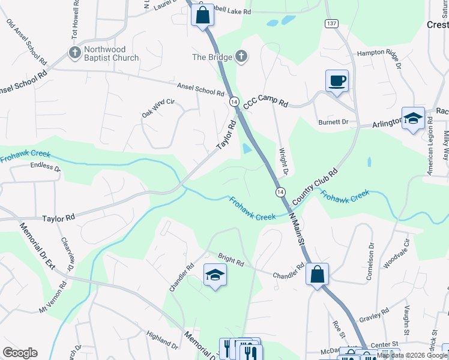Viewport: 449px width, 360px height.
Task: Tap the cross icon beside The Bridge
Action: [x=241, y=57]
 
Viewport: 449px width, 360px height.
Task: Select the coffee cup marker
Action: [x=337, y=81]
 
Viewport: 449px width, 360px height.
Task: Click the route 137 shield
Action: [x=331, y=23]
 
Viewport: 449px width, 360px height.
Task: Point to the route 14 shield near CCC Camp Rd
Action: [x=234, y=103]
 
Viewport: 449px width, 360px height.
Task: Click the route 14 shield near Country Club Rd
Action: [x=280, y=191]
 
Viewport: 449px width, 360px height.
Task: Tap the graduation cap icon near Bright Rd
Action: [x=215, y=275]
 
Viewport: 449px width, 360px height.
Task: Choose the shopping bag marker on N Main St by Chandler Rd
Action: [x=317, y=274]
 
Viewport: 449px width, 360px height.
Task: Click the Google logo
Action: [x=20, y=353]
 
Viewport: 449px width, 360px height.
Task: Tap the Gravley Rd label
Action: [x=375, y=316]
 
